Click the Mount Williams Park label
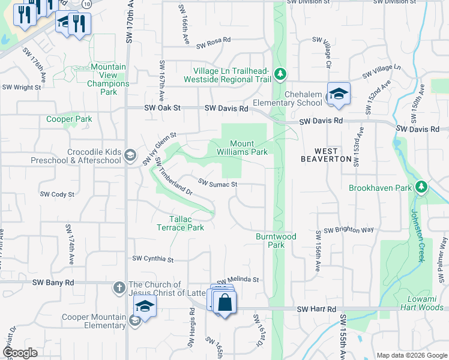[249, 148]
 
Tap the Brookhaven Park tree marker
[421, 187]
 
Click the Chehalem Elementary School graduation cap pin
[339, 94]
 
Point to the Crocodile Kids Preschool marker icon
[129, 156]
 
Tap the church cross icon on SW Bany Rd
[119, 289]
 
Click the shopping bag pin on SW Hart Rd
[224, 303]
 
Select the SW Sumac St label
[218, 184]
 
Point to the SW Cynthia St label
[152, 259]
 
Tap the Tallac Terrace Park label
[180, 223]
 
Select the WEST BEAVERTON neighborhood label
[326, 155]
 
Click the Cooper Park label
[70, 119]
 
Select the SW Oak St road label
[163, 108]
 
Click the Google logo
[20, 353]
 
